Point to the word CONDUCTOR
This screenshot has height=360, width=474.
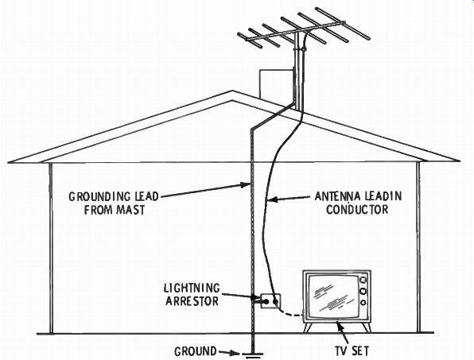click(357, 209)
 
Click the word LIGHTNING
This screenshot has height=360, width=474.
click(192, 288)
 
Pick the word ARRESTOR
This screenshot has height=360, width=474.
click(192, 301)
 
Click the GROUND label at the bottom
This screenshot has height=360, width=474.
click(196, 351)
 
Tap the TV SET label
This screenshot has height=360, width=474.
click(352, 351)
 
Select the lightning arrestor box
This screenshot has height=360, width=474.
click(271, 301)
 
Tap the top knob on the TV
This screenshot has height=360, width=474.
click(363, 280)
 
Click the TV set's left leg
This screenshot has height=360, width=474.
click(308, 327)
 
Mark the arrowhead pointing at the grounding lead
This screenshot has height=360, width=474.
click(246, 185)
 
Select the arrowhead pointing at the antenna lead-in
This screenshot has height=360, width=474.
click(272, 199)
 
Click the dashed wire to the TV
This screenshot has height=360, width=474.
click(291, 312)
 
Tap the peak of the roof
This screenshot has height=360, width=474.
click(232, 91)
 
